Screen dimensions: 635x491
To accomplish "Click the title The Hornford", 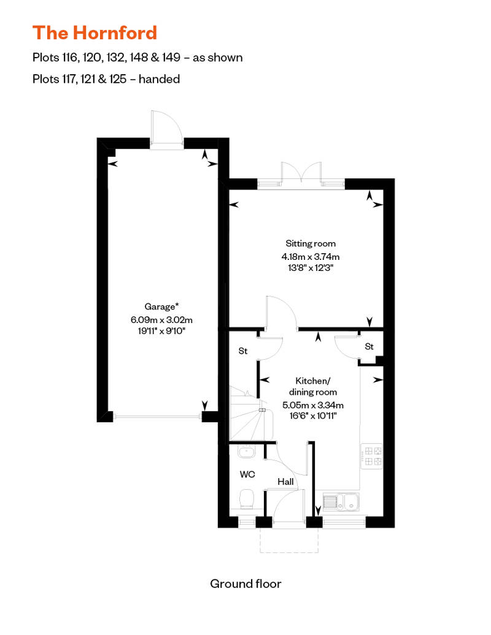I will [x=95, y=32].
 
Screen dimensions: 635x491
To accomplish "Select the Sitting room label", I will [x=310, y=243].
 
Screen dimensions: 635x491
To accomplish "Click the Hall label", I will [x=285, y=482].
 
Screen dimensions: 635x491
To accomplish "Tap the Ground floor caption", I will [x=245, y=584].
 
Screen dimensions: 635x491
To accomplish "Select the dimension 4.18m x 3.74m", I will [x=310, y=257].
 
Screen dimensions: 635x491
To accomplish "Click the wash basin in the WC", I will [x=245, y=452].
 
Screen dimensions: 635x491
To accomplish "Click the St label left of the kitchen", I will [x=242, y=351].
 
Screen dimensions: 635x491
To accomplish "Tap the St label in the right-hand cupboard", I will [x=369, y=347].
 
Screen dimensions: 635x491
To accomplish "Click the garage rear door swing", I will [x=166, y=129].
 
